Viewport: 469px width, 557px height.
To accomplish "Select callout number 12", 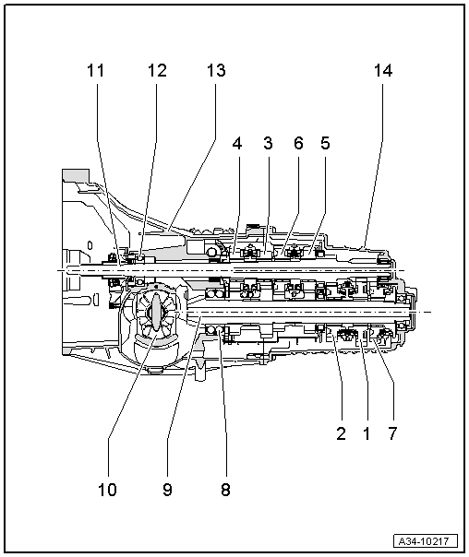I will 157,70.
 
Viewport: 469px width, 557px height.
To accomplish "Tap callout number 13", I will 215,70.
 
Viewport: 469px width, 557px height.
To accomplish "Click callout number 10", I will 108,490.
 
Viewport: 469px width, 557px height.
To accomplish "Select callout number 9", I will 167,490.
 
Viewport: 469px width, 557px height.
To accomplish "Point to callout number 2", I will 341,433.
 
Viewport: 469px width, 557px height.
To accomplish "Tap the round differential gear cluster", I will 151,318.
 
